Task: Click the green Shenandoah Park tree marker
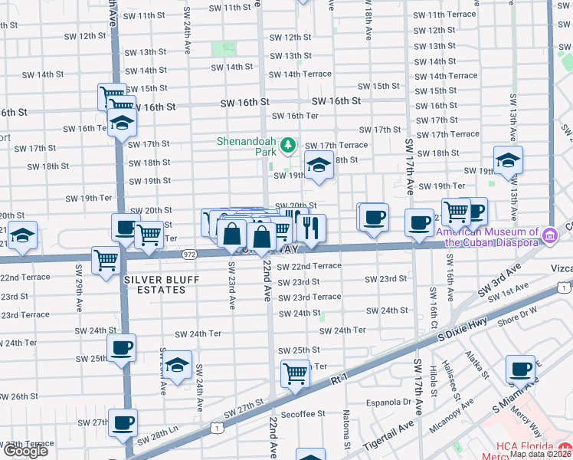point(288,144)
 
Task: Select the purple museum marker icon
point(548,233)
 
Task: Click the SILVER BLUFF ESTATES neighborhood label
point(156,284)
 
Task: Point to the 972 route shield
point(191,254)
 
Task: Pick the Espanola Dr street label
point(391,401)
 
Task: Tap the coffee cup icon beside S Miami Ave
point(520,370)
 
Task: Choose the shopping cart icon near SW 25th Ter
point(295,374)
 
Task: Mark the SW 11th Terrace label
point(444,15)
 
